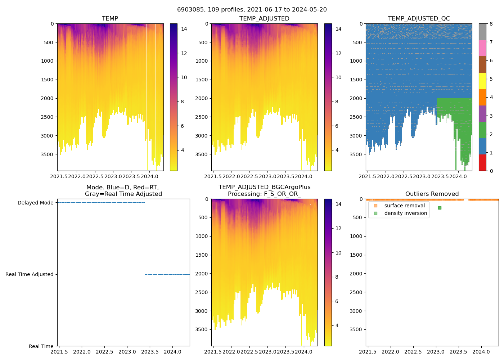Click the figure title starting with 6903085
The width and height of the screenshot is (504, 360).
pyautogui.click(x=252, y=10)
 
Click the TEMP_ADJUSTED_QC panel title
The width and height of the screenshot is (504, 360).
pyautogui.click(x=419, y=18)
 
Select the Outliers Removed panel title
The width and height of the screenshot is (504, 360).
pyautogui.click(x=432, y=194)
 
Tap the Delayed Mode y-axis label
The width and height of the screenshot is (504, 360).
pyautogui.click(x=35, y=203)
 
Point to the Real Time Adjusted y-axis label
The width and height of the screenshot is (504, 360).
pyautogui.click(x=30, y=274)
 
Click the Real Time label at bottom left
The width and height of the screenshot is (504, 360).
pyautogui.click(x=41, y=346)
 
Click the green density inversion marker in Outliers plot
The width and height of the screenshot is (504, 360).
pyautogui.click(x=440, y=208)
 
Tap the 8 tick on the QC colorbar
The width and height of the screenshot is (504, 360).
pyautogui.click(x=491, y=24)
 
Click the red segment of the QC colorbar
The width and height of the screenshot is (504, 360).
pyautogui.click(x=482, y=162)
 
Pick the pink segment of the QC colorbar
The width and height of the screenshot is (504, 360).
pyautogui.click(x=482, y=48)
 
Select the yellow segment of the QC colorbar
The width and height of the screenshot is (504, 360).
pyautogui.click(x=482, y=81)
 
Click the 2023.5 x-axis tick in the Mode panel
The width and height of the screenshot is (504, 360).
pyautogui.click(x=150, y=352)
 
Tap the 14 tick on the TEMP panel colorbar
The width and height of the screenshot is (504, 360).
pyautogui.click(x=184, y=29)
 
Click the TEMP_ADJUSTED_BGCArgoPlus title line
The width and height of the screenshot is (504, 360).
pyautogui.click(x=264, y=187)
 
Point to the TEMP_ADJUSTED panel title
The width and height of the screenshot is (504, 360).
pyautogui.click(x=264, y=18)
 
